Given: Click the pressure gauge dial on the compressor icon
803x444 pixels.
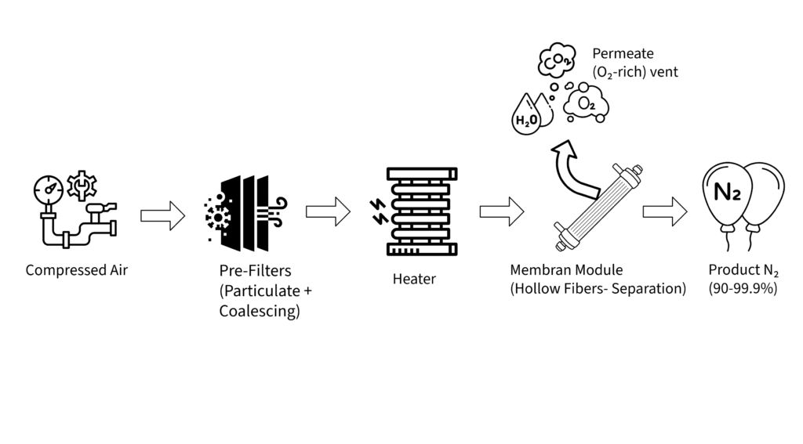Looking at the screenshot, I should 49,189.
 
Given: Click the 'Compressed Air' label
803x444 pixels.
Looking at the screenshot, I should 76,270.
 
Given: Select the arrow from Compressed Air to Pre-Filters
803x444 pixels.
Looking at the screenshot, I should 162,215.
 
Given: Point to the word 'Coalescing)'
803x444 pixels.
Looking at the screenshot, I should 260,311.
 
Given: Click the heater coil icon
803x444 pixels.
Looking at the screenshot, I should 422,211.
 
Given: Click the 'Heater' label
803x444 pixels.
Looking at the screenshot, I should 414,279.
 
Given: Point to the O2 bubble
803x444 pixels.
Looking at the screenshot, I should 587,103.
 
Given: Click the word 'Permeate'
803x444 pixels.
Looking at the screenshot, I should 623,54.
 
